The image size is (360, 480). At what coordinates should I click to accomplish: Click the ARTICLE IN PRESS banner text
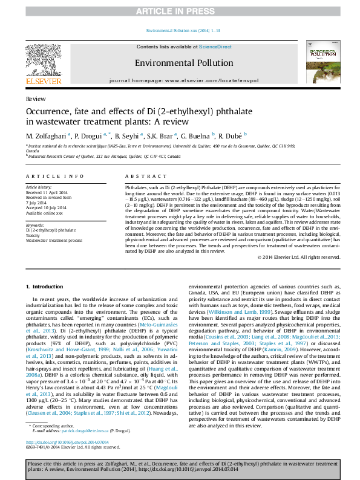point(180,11)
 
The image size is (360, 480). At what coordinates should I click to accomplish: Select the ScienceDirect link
point(215,47)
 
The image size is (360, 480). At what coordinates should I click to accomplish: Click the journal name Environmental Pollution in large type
point(183,63)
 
